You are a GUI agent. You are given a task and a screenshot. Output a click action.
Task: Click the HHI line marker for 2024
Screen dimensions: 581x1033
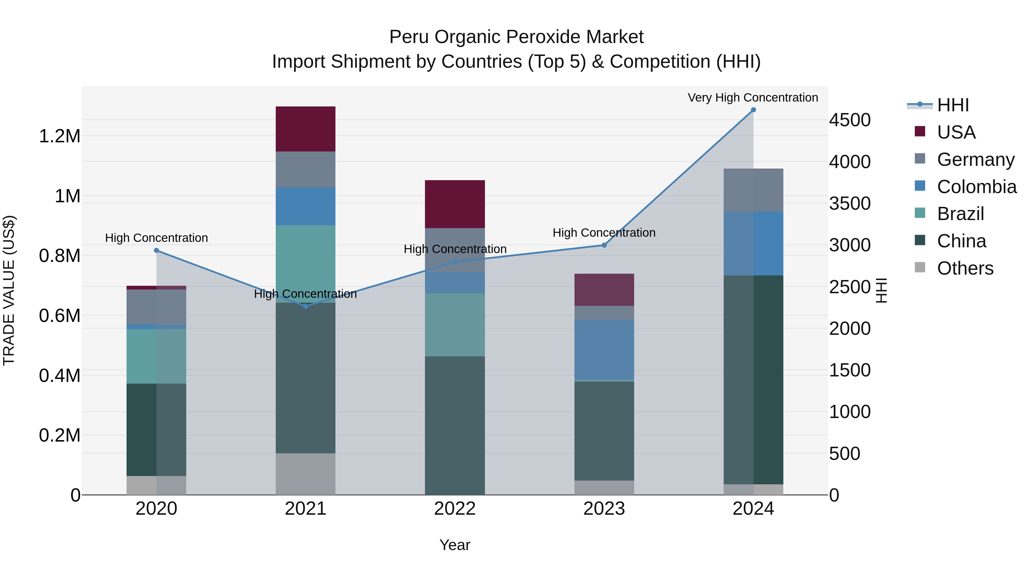tap(753, 110)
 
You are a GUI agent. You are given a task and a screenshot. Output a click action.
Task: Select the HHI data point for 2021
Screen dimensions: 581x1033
tap(306, 306)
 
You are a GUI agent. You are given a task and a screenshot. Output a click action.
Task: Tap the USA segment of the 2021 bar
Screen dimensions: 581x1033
tap(306, 129)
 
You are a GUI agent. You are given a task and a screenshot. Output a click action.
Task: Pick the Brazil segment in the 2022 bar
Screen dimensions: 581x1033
tap(455, 325)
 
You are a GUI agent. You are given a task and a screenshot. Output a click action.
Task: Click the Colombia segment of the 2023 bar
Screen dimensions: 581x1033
tap(604, 350)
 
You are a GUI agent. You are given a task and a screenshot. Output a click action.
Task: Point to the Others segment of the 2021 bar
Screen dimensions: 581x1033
tap(306, 474)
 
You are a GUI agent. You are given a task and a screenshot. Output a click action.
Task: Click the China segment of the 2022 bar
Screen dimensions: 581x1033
tap(455, 425)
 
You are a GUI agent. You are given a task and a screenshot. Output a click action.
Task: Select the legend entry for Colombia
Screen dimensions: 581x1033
tap(976, 187)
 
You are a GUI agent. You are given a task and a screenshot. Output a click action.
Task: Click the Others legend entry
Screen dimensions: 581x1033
tap(965, 268)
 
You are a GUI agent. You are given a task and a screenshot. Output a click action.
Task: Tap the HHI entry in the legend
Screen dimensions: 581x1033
tap(953, 105)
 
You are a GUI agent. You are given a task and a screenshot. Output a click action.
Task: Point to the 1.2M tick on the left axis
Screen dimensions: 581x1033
tap(59, 136)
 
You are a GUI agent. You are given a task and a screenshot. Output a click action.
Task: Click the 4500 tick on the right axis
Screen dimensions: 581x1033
tap(850, 120)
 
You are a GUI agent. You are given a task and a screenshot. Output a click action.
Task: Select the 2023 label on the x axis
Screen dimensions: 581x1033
tap(604, 509)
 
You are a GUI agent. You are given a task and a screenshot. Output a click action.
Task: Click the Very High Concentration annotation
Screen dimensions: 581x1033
tap(753, 98)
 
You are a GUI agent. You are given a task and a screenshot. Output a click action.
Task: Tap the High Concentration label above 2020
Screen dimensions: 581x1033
tap(156, 238)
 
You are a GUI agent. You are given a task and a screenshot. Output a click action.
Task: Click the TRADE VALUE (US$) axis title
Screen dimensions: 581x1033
tap(9, 290)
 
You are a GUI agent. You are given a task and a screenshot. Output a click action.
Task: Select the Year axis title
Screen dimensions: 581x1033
tap(455, 545)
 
